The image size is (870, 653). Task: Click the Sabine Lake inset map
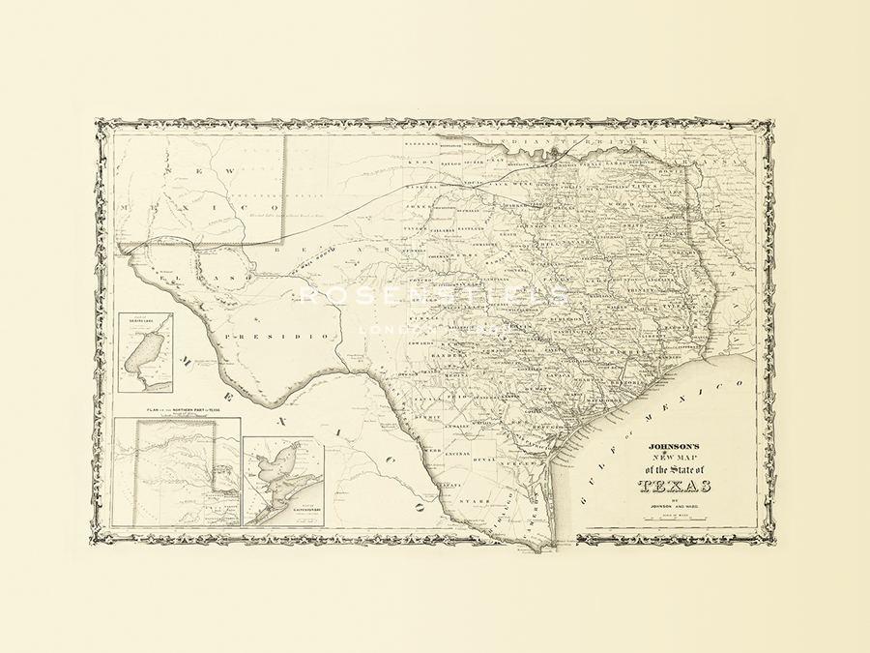[x=145, y=352]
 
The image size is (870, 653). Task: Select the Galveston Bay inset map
[x=282, y=482]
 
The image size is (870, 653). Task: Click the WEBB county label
[x=432, y=451]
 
